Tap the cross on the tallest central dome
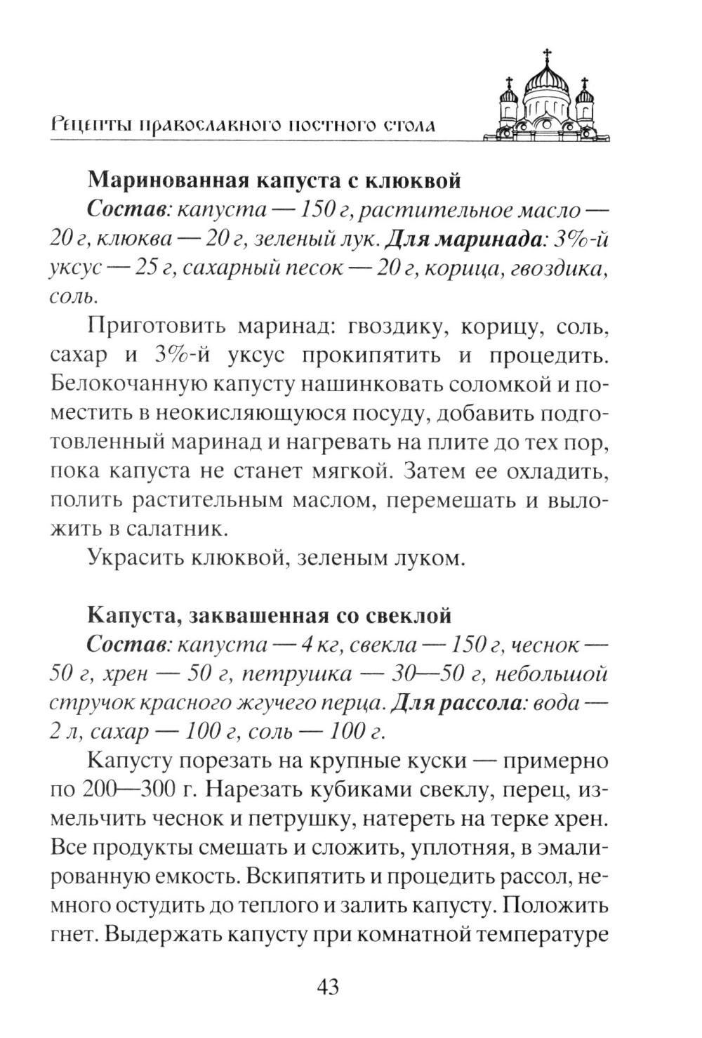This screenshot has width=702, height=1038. coord(546,55)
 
